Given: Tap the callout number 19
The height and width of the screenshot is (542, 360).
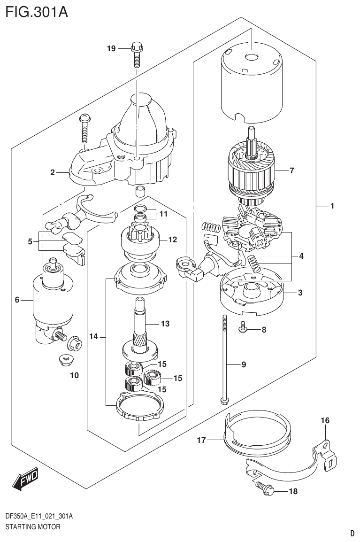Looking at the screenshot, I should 111,48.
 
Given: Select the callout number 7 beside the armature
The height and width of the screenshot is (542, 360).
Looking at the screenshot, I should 291,170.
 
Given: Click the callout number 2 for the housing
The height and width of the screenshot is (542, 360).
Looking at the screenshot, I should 53,172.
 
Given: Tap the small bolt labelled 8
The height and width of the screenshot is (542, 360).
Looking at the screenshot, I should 243,329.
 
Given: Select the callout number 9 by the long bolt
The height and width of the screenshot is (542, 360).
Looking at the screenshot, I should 244,364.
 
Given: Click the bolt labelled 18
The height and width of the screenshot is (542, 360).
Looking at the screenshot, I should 262,490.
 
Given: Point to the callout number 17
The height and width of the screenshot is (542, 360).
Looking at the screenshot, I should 201,440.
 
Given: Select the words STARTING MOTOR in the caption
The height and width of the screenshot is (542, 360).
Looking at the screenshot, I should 32,527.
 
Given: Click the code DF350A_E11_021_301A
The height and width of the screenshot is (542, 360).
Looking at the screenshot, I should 38,516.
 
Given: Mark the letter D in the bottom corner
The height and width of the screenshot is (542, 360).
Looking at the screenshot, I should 352,533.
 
